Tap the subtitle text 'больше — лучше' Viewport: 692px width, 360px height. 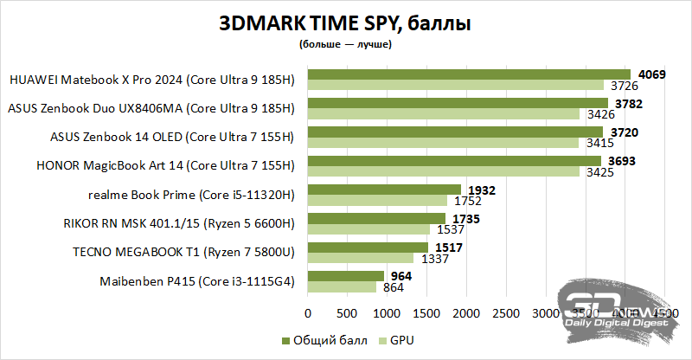click(x=345, y=44)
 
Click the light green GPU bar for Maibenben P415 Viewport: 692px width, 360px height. click(x=342, y=286)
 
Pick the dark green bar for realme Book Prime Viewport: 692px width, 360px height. click(x=384, y=190)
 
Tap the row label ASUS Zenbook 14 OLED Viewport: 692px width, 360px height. click(x=173, y=137)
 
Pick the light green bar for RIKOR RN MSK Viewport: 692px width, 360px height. click(x=368, y=229)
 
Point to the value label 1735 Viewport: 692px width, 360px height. click(x=464, y=218)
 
